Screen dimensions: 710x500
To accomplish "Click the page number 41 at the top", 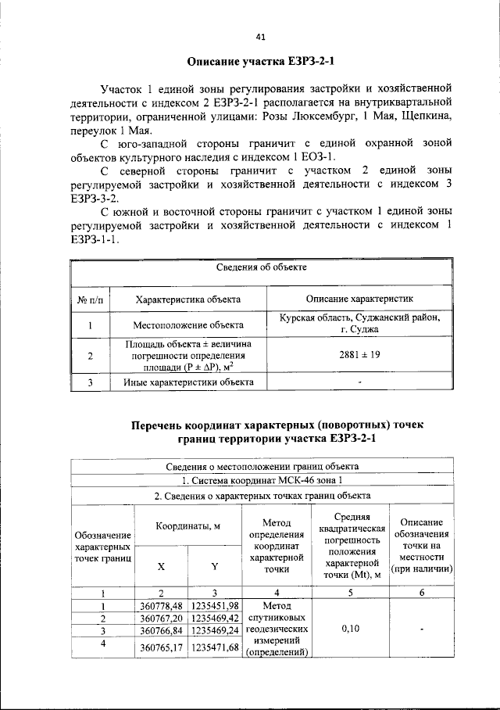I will [260, 34].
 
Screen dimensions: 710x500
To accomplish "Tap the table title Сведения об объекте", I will [261, 267].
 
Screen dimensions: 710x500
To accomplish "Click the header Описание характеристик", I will [359, 299].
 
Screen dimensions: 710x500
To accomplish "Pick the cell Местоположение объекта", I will [187, 324].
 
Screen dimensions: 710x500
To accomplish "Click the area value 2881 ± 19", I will [359, 354].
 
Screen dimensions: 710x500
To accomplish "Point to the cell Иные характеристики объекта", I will [187, 382].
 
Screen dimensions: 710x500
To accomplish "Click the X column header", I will [161, 566].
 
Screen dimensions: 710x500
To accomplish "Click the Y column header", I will [214, 566].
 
